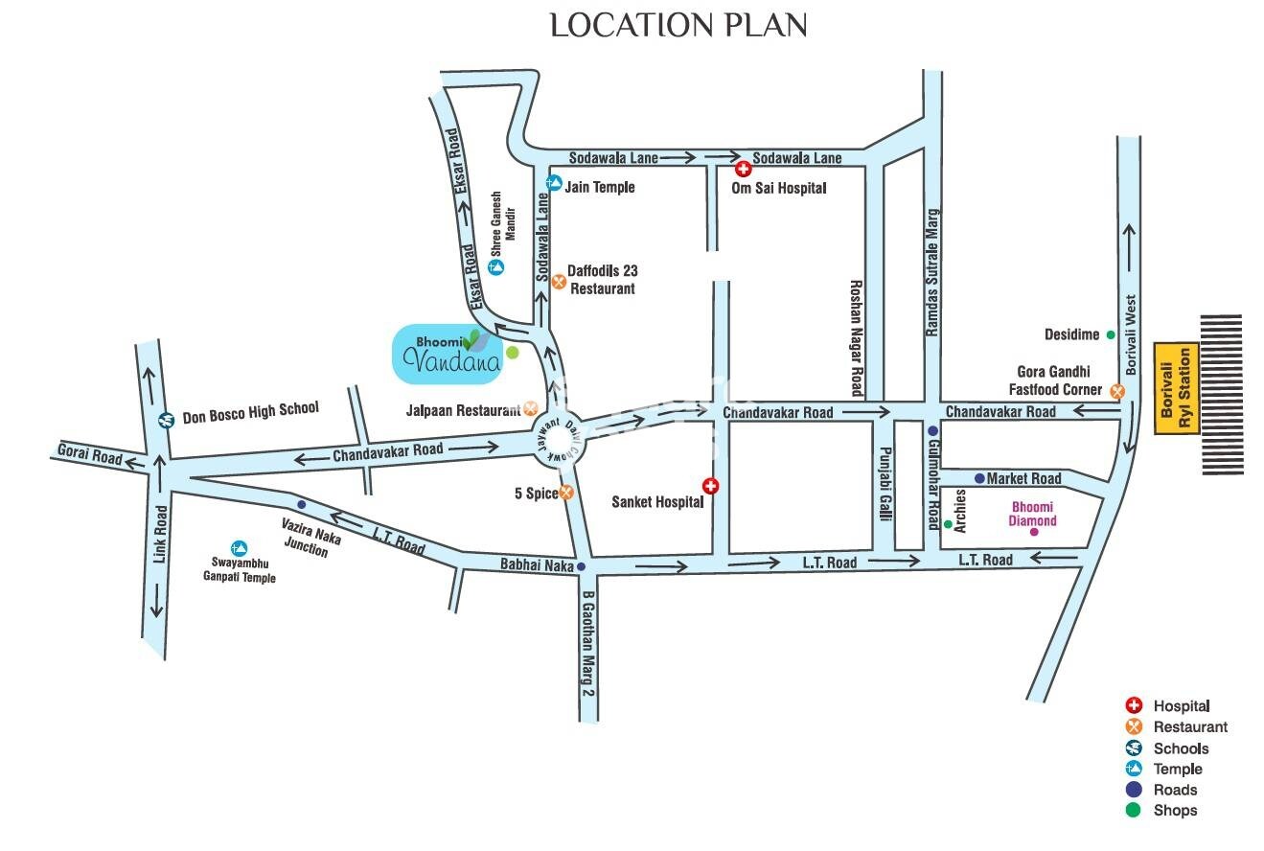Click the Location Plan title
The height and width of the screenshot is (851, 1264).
(678, 26)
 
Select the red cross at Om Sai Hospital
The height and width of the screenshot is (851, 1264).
(743, 170)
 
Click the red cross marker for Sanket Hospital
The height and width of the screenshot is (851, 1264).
(710, 485)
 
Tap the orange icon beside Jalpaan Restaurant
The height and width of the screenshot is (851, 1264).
(531, 408)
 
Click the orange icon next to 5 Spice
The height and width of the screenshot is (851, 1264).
(566, 493)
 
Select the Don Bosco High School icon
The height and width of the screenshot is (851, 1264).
(166, 419)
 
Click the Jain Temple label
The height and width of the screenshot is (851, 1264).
(599, 187)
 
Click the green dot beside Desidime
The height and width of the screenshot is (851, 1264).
(1111, 334)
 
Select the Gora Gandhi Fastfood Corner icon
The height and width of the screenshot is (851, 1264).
(1116, 391)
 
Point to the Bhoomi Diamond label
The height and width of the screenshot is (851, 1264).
(1031, 515)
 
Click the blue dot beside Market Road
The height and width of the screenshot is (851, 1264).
(979, 478)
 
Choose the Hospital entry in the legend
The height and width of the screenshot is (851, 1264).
(1181, 706)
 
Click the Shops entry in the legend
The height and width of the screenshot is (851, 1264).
(1175, 811)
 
